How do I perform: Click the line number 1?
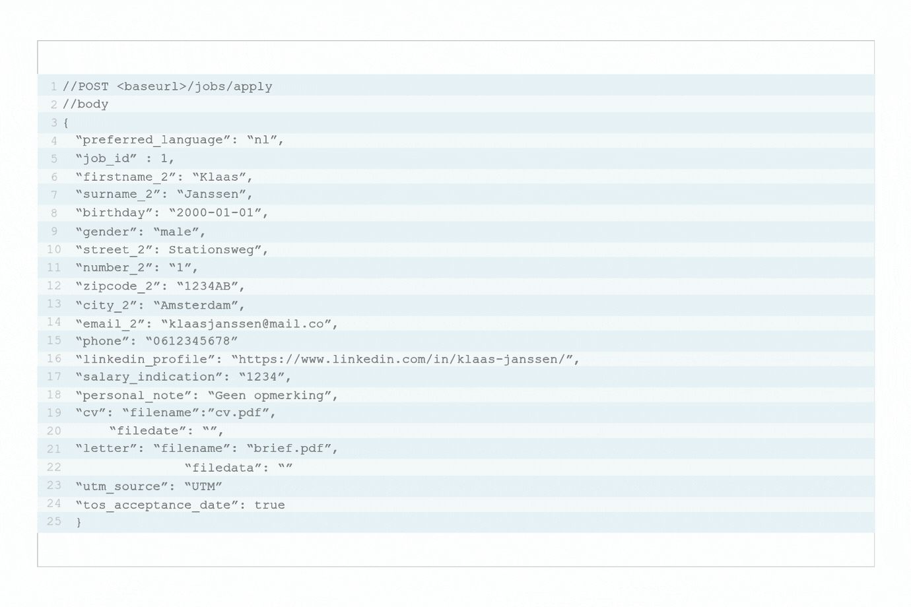[x=53, y=86]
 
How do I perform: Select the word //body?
[x=85, y=104]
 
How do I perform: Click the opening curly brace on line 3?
[x=66, y=123]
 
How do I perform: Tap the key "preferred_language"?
[x=153, y=140]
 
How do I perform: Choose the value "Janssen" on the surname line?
[x=211, y=195]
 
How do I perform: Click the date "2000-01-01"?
[x=215, y=212]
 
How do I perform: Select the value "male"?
[x=176, y=232]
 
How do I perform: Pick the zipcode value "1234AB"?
[x=207, y=286]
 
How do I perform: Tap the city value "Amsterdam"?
[x=195, y=305]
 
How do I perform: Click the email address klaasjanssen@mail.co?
[x=246, y=324]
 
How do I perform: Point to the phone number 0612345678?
[x=192, y=340]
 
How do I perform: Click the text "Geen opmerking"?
[x=269, y=396]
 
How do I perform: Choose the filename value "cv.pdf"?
[x=238, y=412]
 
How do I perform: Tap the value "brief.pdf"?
[x=288, y=449]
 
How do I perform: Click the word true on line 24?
[x=269, y=505]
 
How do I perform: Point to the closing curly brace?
[x=79, y=522]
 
